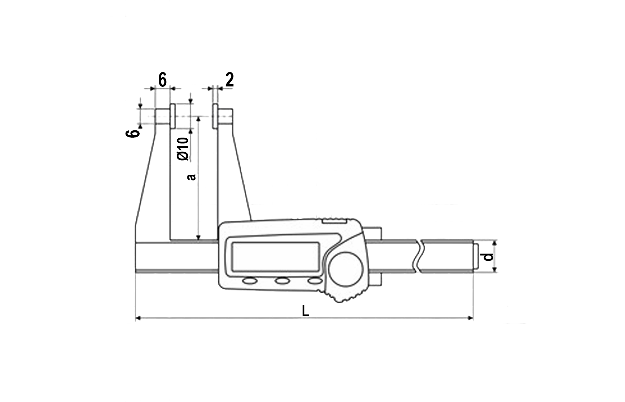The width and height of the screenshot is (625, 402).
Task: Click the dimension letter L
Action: pyautogui.click(x=305, y=311)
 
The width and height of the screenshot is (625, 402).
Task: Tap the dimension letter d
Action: pyautogui.click(x=488, y=256)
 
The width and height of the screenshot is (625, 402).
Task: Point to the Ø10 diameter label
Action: pyautogui.click(x=183, y=148)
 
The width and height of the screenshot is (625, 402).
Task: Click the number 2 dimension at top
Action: pyautogui.click(x=230, y=80)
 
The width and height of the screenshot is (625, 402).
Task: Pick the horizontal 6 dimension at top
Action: pyautogui.click(x=162, y=80)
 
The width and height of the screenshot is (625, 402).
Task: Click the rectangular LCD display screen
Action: pyautogui.click(x=275, y=256)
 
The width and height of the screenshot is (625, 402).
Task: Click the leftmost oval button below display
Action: pyautogui.click(x=250, y=280)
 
